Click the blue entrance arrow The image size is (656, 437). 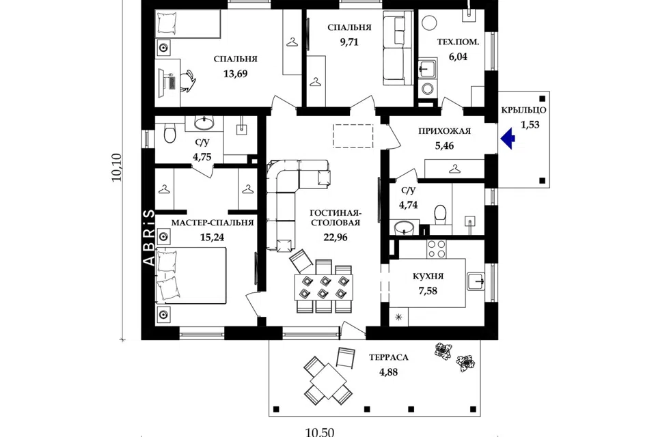coord(507,139)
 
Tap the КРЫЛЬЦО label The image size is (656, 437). coord(524,111)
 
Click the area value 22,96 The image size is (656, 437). coord(335,237)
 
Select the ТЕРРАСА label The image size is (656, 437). coord(389,358)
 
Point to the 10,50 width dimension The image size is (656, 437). coord(320,432)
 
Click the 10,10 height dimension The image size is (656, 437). coord(117,167)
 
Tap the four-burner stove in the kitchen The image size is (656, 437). coord(436,249)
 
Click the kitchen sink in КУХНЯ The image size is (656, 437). coord(476,281)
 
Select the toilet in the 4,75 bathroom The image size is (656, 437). coord(169,133)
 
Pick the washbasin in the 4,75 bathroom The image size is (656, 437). coord(204,123)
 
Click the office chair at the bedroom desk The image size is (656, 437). coord(189,81)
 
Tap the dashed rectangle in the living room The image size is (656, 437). coord(353,136)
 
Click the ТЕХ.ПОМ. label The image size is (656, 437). coord(458,42)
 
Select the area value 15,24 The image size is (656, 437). coord(212,238)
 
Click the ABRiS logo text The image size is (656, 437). coord(150,238)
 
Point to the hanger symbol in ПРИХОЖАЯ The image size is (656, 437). coord(454,169)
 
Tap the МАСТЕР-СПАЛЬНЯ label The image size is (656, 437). coord(213,223)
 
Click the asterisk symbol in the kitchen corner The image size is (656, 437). coord(398,318)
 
